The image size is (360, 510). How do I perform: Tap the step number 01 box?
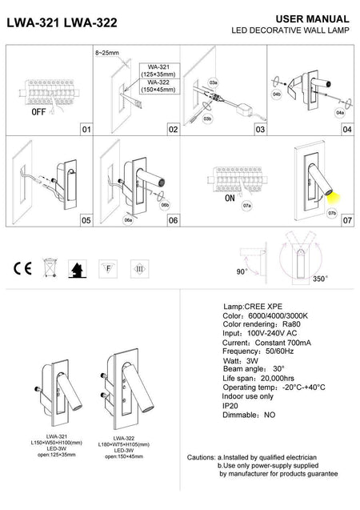tap(86, 129)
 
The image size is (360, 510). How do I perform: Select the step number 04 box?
tap(346, 129)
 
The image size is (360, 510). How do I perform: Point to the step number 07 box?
tap(346, 218)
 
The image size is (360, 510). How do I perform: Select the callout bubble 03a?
tap(213, 82)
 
